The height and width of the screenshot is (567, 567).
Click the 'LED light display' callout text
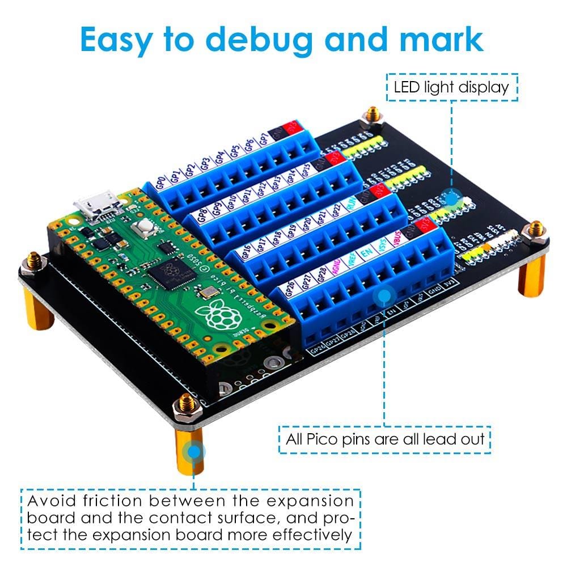click(x=451, y=87)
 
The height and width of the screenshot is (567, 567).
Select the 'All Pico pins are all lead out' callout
click(x=383, y=438)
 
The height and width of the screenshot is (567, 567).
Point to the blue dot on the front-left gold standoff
click(x=194, y=452)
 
